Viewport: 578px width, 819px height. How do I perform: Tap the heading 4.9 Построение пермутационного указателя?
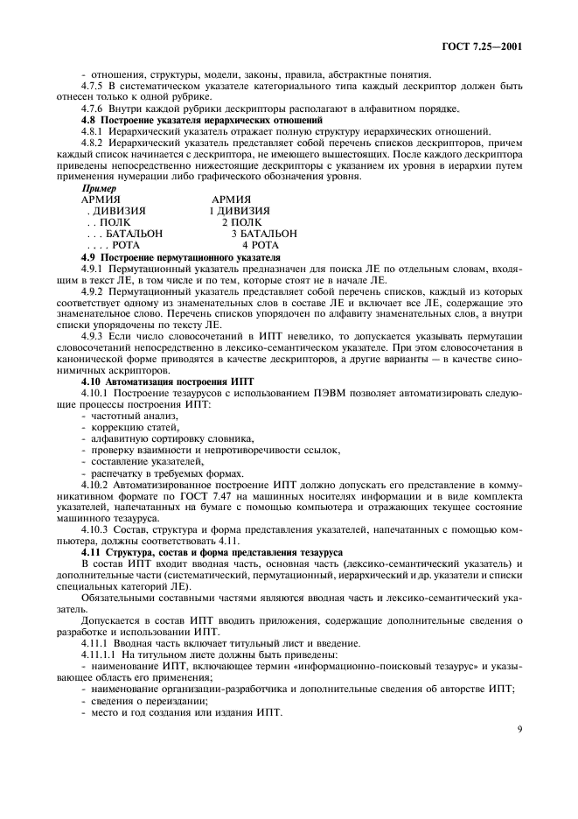tap(180, 258)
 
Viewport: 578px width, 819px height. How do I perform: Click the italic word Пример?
tap(98, 187)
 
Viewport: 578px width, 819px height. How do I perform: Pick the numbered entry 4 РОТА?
tap(261, 246)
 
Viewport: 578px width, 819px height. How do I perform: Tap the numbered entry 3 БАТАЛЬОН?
tap(263, 234)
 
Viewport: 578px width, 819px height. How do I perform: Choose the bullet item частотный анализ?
tap(128, 416)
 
